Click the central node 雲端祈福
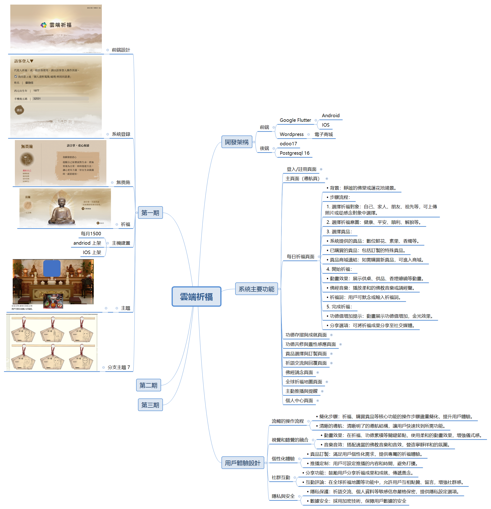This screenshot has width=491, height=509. coord(196,296)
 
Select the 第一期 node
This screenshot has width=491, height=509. coord(150,213)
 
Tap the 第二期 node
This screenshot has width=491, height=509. coord(148,385)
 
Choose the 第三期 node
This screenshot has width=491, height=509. coord(150,405)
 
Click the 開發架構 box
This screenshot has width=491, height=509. coord(237,142)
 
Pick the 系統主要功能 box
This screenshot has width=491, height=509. coord(256,289)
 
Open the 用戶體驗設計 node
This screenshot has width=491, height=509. coord(243,463)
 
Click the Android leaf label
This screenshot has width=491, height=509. coord(331,116)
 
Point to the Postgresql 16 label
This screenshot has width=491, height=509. coord(294,153)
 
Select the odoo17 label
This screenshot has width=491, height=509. coord(288,143)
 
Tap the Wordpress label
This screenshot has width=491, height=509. coord(291,134)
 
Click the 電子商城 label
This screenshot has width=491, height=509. coord(324,134)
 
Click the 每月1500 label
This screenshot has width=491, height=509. coord(91,233)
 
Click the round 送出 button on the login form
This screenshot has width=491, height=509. coord(19,110)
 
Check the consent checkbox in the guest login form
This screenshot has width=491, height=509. coord(16,76)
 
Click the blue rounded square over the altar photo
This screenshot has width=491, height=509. coord(52,268)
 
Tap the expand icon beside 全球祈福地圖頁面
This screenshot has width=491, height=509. coord(327,382)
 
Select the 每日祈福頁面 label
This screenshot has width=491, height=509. coord(300,257)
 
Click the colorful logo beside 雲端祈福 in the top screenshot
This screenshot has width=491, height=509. coord(44,25)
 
